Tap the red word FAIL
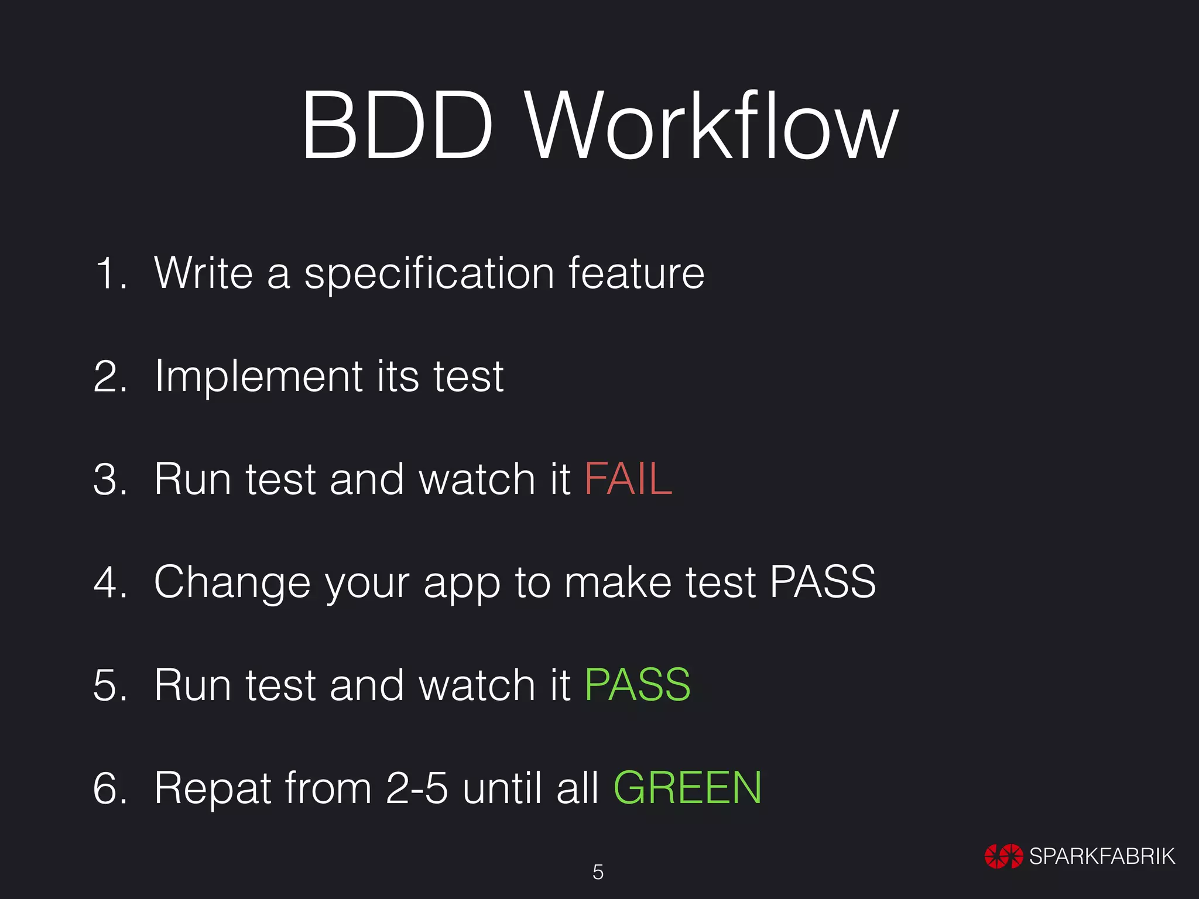(x=628, y=479)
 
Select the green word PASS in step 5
(x=638, y=685)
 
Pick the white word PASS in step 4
(x=823, y=582)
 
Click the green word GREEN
(x=687, y=788)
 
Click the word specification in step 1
(x=429, y=274)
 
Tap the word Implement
(x=258, y=376)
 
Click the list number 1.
(x=109, y=273)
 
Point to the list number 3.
(x=109, y=479)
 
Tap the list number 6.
(x=109, y=788)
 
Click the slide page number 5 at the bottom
(x=598, y=872)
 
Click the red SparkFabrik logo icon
(x=1003, y=856)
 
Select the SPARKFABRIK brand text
(x=1102, y=856)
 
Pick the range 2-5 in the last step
(x=417, y=788)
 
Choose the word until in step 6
(x=502, y=788)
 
